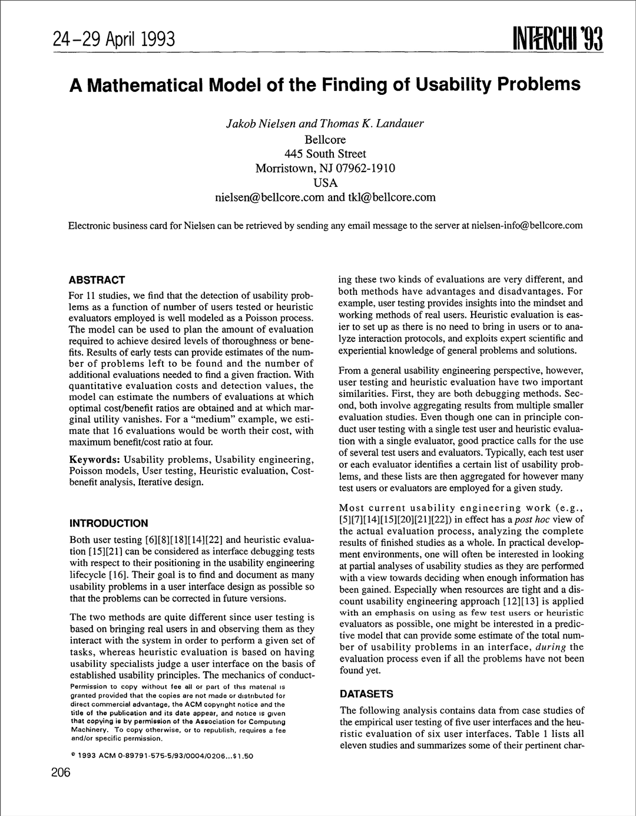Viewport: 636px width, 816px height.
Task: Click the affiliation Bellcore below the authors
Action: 325,140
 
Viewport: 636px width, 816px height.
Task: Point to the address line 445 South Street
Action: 325,154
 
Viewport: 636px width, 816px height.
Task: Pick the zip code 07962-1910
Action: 365,168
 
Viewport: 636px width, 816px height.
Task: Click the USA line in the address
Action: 325,183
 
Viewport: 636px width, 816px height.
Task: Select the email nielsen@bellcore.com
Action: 270,198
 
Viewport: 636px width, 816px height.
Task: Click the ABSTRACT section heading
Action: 97,280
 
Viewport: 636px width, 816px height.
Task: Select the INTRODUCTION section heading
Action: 109,524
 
